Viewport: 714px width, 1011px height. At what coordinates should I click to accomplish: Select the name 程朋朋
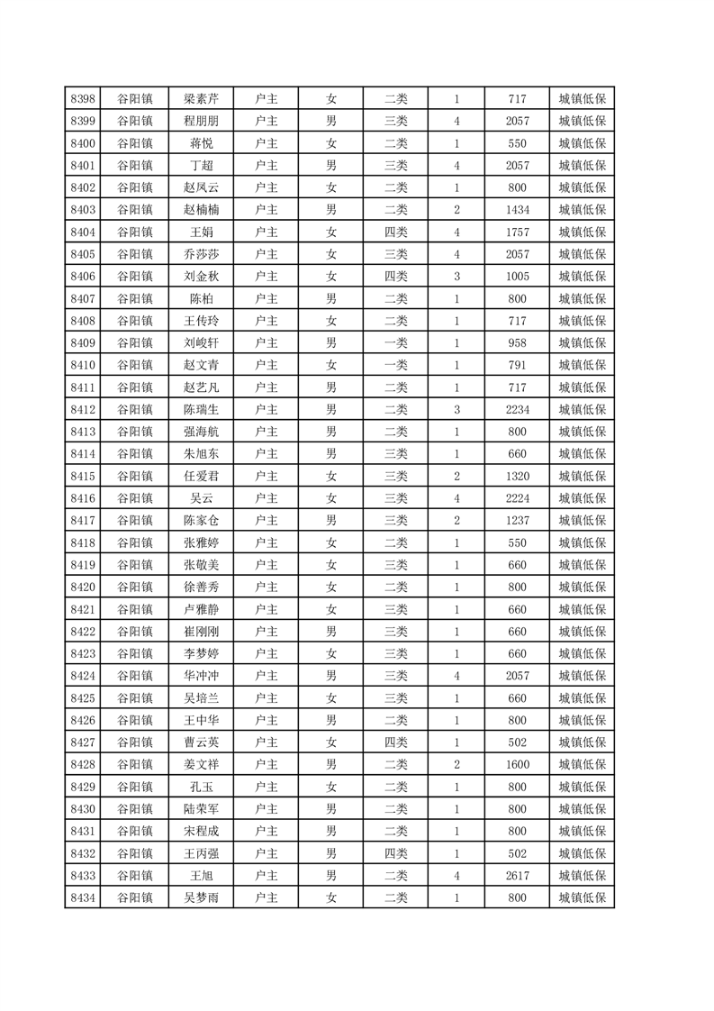pyautogui.click(x=201, y=122)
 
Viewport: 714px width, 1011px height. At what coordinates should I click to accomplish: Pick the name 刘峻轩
pyautogui.click(x=201, y=342)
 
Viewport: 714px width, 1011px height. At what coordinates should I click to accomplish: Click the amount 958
pyautogui.click(x=517, y=342)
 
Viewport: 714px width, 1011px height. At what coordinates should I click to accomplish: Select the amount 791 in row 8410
pyautogui.click(x=517, y=365)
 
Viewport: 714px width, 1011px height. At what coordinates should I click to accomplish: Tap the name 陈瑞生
pyautogui.click(x=201, y=409)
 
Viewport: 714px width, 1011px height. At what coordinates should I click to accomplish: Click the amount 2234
pyautogui.click(x=517, y=409)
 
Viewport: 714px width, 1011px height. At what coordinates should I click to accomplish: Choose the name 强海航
pyautogui.click(x=201, y=432)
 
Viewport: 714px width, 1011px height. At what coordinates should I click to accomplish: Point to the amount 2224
pyautogui.click(x=517, y=497)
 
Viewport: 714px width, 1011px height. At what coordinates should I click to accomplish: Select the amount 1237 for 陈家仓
pyautogui.click(x=517, y=520)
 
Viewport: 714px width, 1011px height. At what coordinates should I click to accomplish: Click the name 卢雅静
pyautogui.click(x=201, y=609)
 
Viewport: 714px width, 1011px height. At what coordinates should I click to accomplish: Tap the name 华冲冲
pyautogui.click(x=201, y=676)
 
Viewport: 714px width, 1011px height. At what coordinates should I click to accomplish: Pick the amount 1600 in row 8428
pyautogui.click(x=517, y=764)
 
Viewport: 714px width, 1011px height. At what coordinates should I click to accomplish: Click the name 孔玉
pyautogui.click(x=201, y=787)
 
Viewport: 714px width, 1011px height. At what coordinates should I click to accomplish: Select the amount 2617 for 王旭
pyautogui.click(x=517, y=875)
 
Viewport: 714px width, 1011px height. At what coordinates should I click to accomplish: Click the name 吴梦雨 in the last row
pyautogui.click(x=201, y=897)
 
